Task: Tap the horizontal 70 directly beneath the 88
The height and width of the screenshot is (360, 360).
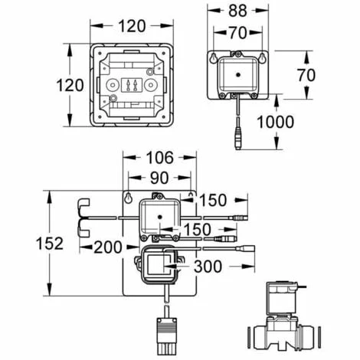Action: click(x=237, y=33)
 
